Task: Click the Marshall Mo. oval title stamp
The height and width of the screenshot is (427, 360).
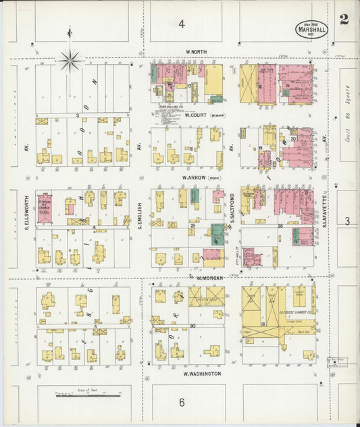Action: click(311, 29)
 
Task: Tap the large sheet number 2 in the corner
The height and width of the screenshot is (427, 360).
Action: click(344, 19)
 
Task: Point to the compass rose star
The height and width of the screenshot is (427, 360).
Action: click(69, 61)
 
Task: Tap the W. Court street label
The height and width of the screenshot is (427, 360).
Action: click(195, 115)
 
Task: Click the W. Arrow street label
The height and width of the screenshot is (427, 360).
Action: click(195, 178)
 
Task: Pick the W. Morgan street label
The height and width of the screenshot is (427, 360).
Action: click(210, 278)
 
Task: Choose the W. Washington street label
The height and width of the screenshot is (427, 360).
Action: click(202, 373)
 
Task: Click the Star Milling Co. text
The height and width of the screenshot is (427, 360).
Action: click(168, 106)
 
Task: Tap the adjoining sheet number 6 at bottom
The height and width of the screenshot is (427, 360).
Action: click(182, 403)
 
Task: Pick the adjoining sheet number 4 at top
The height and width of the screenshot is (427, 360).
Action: click(181, 24)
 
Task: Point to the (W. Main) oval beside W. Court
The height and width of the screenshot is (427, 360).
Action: click(217, 116)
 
